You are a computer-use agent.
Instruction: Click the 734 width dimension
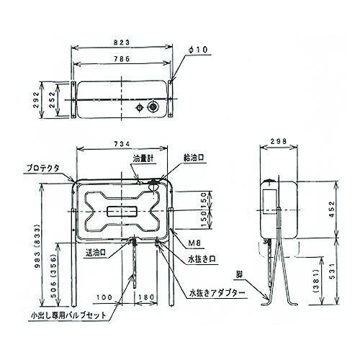[123, 145]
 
